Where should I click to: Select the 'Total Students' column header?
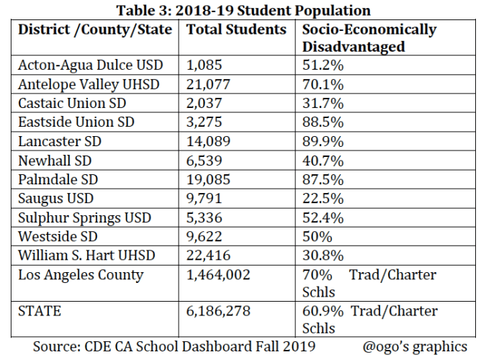coord(236,30)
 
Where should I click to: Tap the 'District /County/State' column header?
coord(94,30)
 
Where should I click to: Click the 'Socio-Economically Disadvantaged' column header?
coord(369,38)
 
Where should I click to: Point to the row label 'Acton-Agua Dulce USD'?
coord(91,65)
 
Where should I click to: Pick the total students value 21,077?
coord(210,84)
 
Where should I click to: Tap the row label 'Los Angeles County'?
coord(81,275)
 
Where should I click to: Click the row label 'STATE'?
coord(40,311)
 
